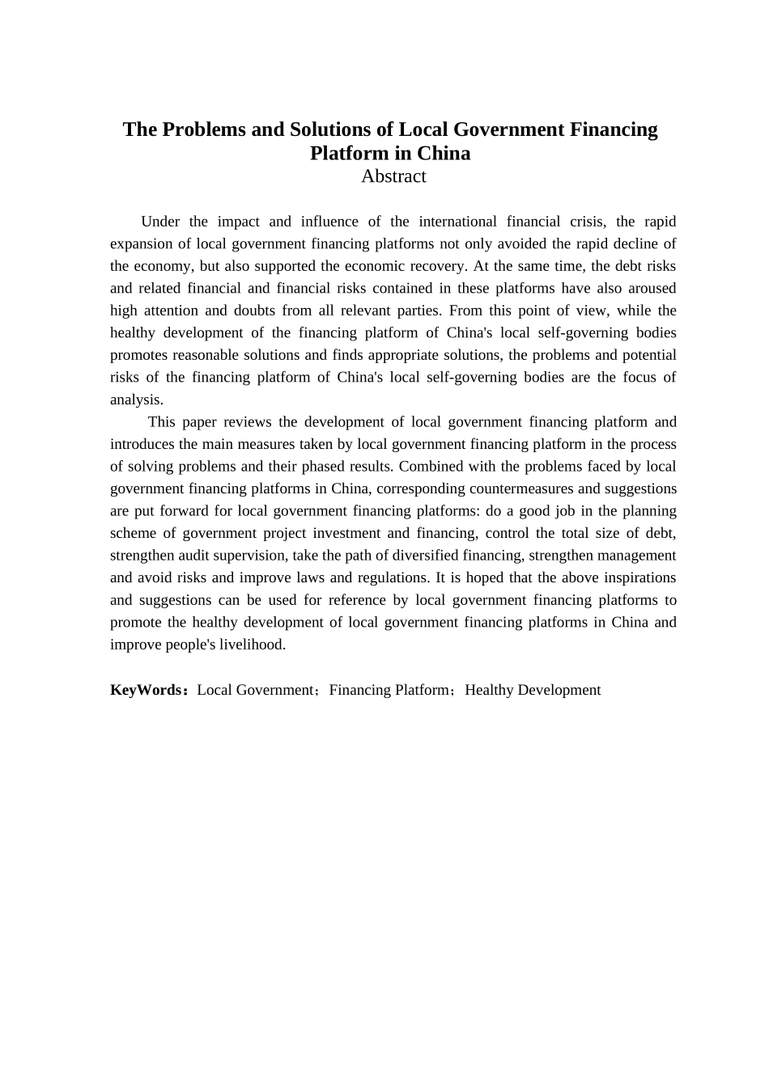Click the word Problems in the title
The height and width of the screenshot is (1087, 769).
point(203,129)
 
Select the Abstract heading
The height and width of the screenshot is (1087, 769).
point(393,176)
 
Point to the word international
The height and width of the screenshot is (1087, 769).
point(457,222)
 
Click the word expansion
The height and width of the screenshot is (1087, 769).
point(142,243)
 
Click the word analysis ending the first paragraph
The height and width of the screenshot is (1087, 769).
point(135,400)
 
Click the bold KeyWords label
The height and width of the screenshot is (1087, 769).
point(146,690)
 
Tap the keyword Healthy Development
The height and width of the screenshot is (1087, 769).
point(533,690)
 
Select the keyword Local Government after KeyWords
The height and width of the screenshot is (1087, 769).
point(256,690)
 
